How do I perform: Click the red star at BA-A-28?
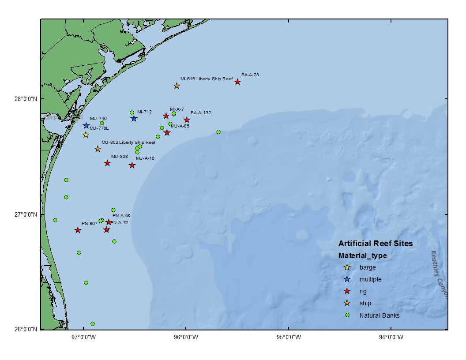point(237,82)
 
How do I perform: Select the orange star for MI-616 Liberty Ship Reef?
point(177,86)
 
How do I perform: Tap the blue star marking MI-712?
point(134,119)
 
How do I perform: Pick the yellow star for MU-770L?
point(86,135)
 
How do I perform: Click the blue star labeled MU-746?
point(86,126)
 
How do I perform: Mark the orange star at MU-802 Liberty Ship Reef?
point(98,149)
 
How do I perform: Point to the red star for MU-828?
point(107,163)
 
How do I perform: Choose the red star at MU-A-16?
point(132,165)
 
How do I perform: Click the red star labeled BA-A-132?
point(187,120)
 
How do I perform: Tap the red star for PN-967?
point(78,230)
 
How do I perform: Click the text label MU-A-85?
point(180,126)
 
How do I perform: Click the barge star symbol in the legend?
point(347,267)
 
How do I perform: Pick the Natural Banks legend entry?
point(380,315)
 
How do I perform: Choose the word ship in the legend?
point(365,303)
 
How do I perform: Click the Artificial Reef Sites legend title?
point(376,244)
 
